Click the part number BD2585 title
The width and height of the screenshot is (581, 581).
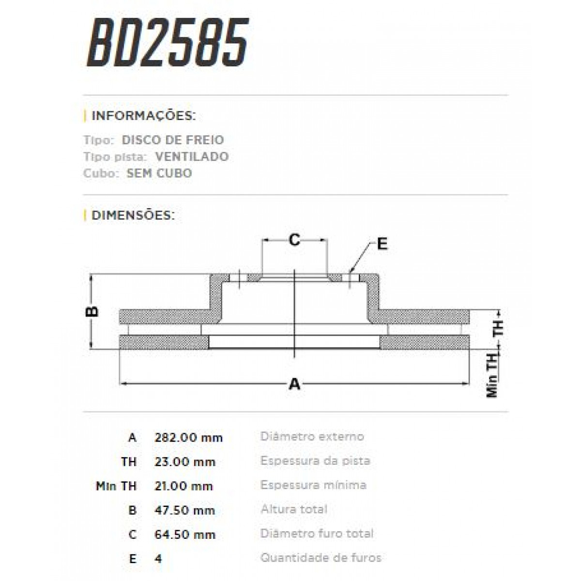point(168,43)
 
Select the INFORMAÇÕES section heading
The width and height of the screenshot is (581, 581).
point(143,116)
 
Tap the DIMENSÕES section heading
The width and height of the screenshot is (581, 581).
point(133,215)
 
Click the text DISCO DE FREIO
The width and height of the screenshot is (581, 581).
point(173,140)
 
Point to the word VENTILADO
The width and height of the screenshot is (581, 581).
point(192,156)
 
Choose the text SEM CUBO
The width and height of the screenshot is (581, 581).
point(159,173)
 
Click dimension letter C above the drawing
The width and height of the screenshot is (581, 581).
point(294,239)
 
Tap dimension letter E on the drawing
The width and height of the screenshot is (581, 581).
point(382,244)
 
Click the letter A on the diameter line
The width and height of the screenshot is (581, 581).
point(294,384)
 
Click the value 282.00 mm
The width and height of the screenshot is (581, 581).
point(188,438)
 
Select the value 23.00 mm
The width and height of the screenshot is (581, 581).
point(184,462)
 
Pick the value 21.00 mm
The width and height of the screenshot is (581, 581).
point(183,486)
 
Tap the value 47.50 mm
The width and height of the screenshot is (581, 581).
point(184,510)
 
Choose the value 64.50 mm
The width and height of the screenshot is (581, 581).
point(184,535)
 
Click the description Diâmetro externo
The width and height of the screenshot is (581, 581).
point(312,437)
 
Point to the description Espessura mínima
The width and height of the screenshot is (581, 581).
point(313,485)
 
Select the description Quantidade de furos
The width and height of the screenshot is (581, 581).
point(321,558)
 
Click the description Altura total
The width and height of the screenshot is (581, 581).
point(294,509)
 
